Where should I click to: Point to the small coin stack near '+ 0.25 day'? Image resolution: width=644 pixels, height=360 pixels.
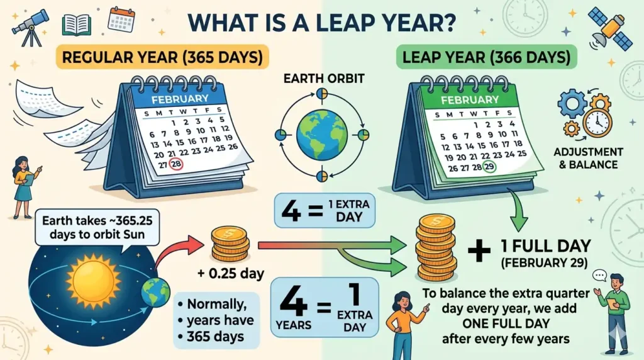coord(230,244)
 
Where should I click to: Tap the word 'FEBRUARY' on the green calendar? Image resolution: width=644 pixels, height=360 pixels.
coord(470,99)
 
